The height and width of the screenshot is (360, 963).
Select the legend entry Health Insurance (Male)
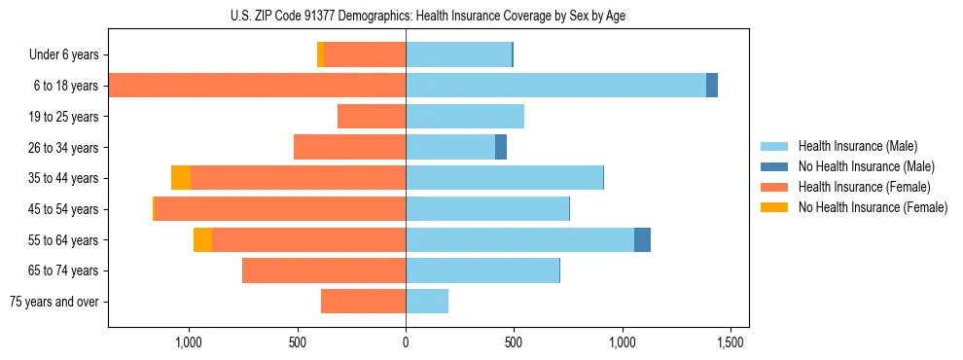click(x=857, y=146)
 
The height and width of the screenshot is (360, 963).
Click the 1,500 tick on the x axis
click(x=731, y=342)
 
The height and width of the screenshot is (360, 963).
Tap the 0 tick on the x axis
click(x=406, y=342)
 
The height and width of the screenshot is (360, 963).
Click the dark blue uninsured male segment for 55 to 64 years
click(x=642, y=240)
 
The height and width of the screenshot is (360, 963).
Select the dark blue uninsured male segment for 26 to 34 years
click(x=501, y=148)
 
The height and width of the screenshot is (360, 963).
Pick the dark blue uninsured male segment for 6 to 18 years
click(x=712, y=86)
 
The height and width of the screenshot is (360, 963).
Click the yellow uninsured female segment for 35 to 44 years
click(x=181, y=178)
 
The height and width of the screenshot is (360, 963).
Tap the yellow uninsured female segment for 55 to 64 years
click(x=202, y=240)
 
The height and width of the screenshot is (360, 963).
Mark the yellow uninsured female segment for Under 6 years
click(x=321, y=55)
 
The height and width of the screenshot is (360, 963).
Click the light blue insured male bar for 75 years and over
click(x=427, y=302)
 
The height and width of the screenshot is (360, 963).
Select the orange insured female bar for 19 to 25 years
click(x=372, y=117)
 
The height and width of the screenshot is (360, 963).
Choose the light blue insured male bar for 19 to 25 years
click(x=465, y=117)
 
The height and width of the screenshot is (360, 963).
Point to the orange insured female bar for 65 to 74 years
click(x=324, y=270)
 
